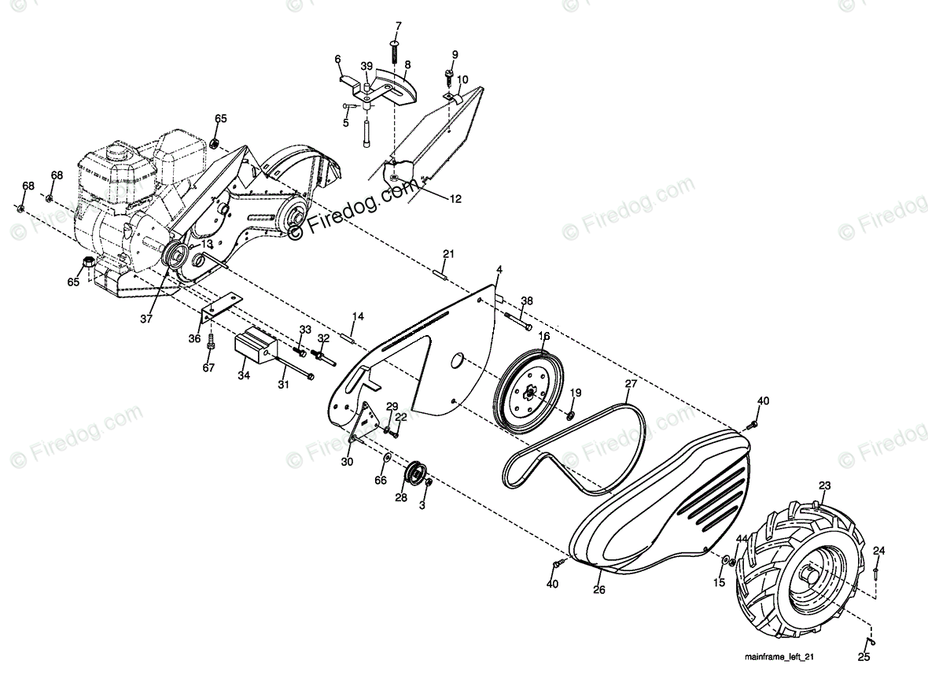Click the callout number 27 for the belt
(x=631, y=385)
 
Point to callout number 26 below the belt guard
(x=598, y=588)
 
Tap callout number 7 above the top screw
(x=398, y=26)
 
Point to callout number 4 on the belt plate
(x=499, y=270)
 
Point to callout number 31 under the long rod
(x=284, y=385)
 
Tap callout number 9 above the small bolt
(x=454, y=54)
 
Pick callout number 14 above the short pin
(x=358, y=316)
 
